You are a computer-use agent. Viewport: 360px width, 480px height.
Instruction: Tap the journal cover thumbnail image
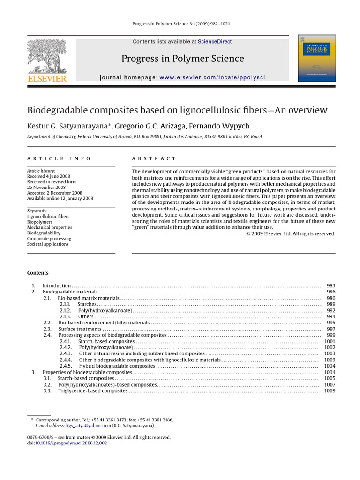pos(317,58)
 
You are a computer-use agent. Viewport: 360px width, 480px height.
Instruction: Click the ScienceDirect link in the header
pos(215,42)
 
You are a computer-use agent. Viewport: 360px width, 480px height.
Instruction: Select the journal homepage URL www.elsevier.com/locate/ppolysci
pos(212,77)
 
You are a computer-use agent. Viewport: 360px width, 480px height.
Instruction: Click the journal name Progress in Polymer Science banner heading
pos(183,59)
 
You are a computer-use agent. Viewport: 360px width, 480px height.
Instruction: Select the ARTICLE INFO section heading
pos(59,159)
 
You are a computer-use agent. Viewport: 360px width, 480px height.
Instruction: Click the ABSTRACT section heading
pos(154,159)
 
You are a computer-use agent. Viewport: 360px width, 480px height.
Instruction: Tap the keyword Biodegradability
pos(44,233)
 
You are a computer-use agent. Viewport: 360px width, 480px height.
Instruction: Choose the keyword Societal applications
pos(48,244)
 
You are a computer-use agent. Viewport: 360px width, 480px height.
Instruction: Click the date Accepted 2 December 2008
pos(54,193)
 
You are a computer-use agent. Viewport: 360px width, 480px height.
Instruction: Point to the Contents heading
pos(37,273)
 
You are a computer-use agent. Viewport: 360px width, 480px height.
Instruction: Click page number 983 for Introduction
pos(330,285)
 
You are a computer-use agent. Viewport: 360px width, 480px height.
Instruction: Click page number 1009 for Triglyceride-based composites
pos(330,390)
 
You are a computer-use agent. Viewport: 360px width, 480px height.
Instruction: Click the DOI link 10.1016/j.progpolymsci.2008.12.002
pos(71,443)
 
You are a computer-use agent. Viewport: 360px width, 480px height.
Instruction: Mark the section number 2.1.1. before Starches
pos(65,304)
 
